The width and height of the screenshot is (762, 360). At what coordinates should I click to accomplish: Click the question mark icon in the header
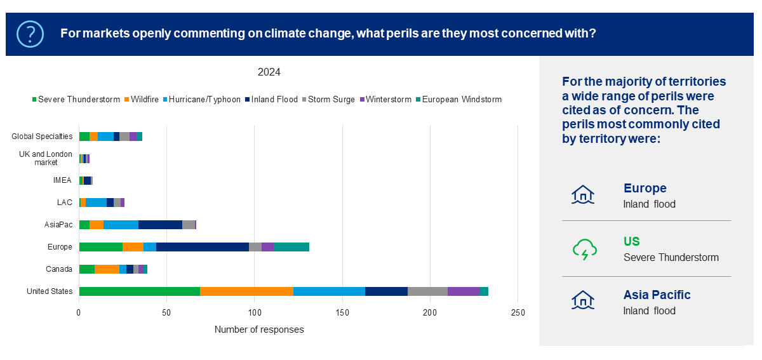pos(30,34)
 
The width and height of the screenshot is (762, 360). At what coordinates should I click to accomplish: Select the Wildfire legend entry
pos(145,100)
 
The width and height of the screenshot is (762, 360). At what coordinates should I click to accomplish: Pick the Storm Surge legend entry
pos(331,100)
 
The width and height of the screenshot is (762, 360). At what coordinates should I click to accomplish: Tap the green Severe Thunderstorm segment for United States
pos(140,291)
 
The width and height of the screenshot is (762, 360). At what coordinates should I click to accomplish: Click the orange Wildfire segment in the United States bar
pos(246,291)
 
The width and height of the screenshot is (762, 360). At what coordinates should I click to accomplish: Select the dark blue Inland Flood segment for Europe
pos(203,247)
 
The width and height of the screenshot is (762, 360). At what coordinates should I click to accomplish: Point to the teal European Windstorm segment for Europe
pos(291,247)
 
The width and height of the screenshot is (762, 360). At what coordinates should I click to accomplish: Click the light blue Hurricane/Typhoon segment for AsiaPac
pos(121,225)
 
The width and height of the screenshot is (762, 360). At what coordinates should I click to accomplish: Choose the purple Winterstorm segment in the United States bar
pos(464,291)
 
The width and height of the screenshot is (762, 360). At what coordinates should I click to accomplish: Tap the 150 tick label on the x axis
pos(342,312)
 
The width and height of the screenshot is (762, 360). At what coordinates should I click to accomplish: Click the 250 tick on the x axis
pos(518,312)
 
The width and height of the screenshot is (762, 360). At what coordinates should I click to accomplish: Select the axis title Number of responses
pos(259,330)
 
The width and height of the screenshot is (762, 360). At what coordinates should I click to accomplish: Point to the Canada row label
pos(59,269)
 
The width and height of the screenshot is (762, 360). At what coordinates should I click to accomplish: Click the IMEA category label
pos(62,180)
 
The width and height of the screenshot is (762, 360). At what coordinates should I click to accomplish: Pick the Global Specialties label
pos(42,137)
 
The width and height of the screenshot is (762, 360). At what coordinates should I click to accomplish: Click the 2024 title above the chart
pos(269,72)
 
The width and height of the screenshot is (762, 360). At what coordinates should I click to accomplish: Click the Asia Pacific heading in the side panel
pos(657,295)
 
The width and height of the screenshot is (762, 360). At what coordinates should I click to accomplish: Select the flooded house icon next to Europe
pos(583,195)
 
